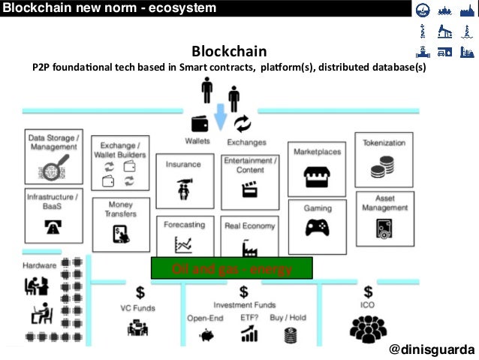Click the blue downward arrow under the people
pyautogui.click(x=221, y=117)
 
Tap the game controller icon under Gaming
pyautogui.click(x=317, y=228)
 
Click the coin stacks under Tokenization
pyautogui.click(x=384, y=166)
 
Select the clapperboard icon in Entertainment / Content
pyautogui.click(x=249, y=190)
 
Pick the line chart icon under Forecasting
pyautogui.click(x=183, y=244)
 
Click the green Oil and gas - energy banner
pyautogui.click(x=232, y=268)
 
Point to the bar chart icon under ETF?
pyautogui.click(x=249, y=334)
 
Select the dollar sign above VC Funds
pyautogui.click(x=140, y=292)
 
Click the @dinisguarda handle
pyautogui.click(x=432, y=351)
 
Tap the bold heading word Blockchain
pyautogui.click(x=228, y=51)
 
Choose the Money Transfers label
pyautogui.click(x=121, y=209)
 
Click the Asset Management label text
pyautogui.click(x=384, y=203)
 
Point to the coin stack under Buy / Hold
pyautogui.click(x=291, y=334)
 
